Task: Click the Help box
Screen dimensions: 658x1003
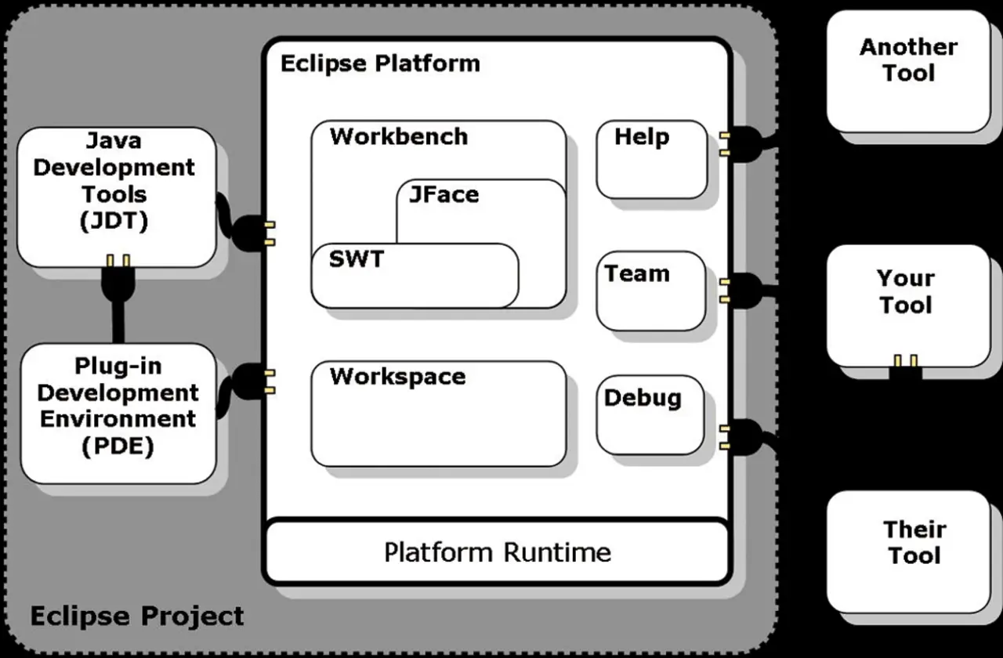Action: (x=651, y=159)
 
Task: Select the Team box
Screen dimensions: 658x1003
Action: (x=650, y=290)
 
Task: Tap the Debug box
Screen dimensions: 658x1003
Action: (x=650, y=416)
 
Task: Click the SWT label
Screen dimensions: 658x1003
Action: (x=357, y=259)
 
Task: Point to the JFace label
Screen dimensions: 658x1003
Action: (x=444, y=194)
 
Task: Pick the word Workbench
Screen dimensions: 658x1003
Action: (x=398, y=136)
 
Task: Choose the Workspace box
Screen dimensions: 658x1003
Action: (x=438, y=414)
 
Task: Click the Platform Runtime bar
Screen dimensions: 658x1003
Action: (x=498, y=552)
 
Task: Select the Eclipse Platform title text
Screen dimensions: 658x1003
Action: (x=380, y=63)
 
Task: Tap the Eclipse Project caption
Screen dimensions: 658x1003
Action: (x=137, y=616)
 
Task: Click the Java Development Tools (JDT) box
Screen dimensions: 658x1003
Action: (x=115, y=196)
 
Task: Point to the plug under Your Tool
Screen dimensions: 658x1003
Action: (x=905, y=367)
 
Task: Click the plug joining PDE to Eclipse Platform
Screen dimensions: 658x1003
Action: (x=247, y=381)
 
